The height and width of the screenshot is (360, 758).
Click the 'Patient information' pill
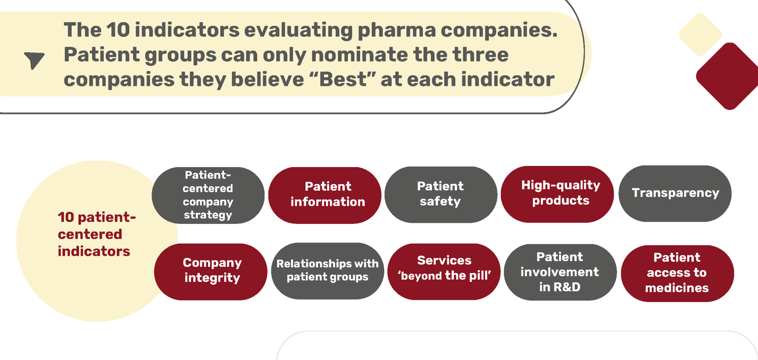[325, 195]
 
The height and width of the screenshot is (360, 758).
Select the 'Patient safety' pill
[441, 194]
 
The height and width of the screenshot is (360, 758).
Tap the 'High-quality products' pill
[557, 194]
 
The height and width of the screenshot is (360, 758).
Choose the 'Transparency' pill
[675, 193]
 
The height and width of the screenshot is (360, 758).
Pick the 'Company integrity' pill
[211, 272]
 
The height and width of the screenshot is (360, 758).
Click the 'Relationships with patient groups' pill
[327, 271]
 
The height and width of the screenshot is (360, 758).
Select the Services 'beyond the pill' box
[444, 272]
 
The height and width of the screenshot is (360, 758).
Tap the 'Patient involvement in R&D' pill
[560, 272]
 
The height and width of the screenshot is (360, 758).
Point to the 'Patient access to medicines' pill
[677, 273]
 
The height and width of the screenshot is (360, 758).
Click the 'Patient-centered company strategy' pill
[208, 195]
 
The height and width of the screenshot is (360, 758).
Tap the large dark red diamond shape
[728, 76]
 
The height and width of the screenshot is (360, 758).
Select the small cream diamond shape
[700, 35]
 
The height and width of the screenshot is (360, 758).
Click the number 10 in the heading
[118, 30]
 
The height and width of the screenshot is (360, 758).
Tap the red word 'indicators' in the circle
[94, 251]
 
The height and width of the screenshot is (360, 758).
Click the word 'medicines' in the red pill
[677, 288]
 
